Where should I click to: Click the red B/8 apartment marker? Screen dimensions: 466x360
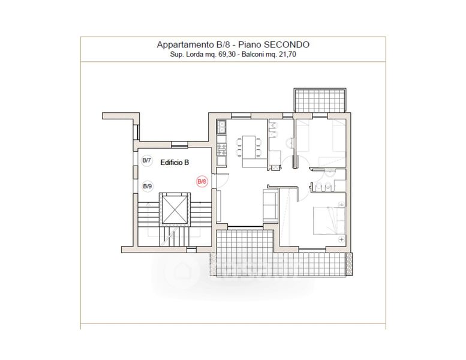tap(202, 181)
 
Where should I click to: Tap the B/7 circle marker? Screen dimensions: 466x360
tap(147, 161)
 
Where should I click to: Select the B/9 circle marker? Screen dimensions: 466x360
tap(148, 187)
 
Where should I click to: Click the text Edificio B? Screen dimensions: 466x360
tap(175, 163)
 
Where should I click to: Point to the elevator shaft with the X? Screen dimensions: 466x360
tap(175, 209)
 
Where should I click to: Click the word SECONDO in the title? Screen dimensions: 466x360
tap(287, 44)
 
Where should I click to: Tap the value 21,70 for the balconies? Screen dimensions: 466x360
tap(287, 55)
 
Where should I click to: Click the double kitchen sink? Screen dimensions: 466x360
tap(222, 127)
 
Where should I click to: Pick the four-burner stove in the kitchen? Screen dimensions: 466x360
tap(222, 149)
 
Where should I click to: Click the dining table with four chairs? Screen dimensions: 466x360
tap(249, 147)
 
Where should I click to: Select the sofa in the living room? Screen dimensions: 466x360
tap(270, 206)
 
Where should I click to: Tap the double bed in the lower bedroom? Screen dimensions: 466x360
tap(329, 221)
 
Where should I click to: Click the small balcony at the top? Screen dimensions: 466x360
tap(320, 100)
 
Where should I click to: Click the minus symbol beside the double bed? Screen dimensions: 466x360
tap(341, 205)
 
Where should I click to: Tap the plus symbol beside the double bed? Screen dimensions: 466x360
tap(341, 239)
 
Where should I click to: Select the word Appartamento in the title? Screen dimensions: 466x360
tap(184, 44)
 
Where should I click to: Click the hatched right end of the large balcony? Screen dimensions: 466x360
tap(349, 264)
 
